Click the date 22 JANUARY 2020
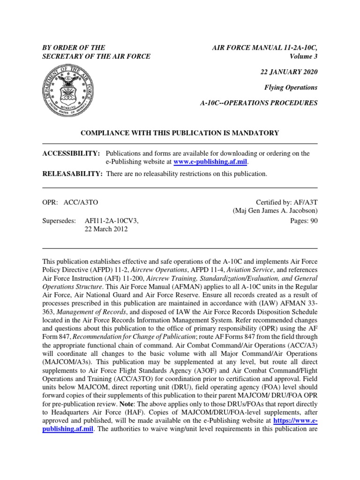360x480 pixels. (x=289, y=72)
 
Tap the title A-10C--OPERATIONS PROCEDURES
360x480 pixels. (x=259, y=103)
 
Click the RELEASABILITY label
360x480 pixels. (x=73, y=174)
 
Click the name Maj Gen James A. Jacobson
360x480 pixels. (x=275, y=211)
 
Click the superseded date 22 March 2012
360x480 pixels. (x=106, y=229)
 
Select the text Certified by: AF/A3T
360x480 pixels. (x=286, y=202)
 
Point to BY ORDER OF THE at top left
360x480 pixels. (x=74, y=48)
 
